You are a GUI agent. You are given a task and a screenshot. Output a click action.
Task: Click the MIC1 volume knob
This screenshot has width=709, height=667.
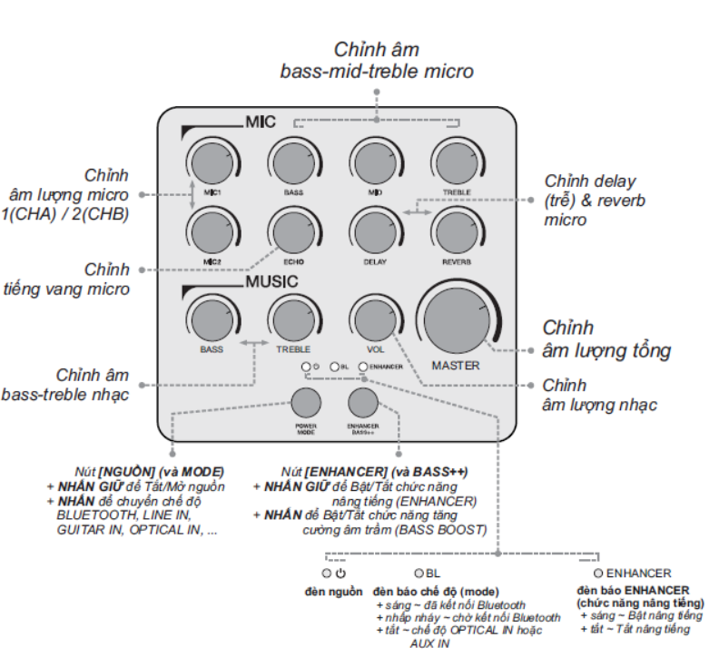click(212, 162)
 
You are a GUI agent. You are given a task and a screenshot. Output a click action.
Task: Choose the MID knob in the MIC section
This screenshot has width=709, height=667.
click(374, 162)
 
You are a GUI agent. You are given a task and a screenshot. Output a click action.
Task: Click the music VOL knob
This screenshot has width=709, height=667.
click(374, 319)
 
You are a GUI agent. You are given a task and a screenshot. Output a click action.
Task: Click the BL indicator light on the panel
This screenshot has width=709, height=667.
click(334, 367)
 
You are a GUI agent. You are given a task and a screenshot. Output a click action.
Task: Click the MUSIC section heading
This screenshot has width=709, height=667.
click(271, 282)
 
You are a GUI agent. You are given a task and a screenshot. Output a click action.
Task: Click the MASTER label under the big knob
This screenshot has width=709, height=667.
click(456, 366)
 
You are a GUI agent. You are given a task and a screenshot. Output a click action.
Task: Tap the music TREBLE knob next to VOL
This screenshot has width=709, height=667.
click(293, 319)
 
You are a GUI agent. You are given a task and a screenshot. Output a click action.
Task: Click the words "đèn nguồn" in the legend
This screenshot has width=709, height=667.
click(333, 592)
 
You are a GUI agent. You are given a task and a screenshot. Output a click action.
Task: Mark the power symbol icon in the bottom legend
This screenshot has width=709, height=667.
click(340, 574)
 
